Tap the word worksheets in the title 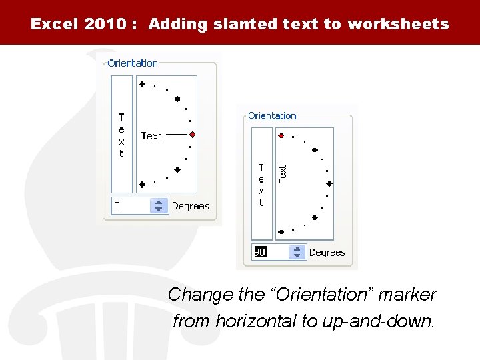pos(398,25)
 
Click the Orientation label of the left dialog pos(133,63)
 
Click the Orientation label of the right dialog pos(272,116)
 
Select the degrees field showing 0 pos(131,206)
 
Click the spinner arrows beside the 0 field pos(159,206)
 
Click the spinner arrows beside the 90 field pos(297,253)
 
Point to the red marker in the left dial pos(192,134)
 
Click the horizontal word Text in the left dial pos(151,135)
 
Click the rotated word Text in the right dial pos(283,174)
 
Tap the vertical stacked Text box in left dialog pos(122,134)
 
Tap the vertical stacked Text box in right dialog pos(261,184)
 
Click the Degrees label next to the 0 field pos(191,207)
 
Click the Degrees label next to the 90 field pos(327,253)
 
